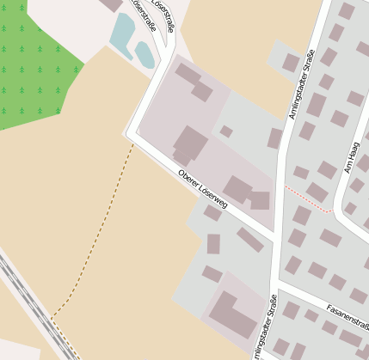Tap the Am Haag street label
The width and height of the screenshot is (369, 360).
(352, 159)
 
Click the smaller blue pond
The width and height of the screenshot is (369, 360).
(145, 56)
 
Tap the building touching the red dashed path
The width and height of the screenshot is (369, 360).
(317, 192)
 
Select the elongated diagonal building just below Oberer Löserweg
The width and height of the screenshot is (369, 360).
(250, 239)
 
